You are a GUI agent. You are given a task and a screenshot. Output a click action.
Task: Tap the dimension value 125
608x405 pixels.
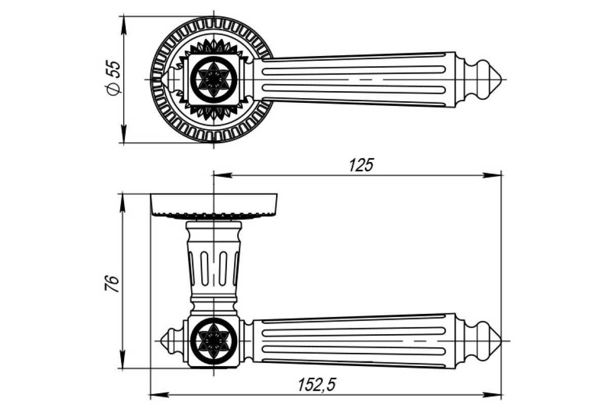point(361,165)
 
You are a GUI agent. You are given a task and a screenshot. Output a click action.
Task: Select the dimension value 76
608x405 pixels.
point(112,283)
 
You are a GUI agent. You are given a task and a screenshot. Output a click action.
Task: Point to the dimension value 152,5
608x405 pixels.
point(317,385)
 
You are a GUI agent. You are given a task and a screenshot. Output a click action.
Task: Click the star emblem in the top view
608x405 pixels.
point(214,80)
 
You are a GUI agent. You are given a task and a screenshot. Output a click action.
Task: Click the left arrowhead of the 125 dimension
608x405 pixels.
point(223,175)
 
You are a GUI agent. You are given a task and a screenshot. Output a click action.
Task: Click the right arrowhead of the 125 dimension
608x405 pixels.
point(492,175)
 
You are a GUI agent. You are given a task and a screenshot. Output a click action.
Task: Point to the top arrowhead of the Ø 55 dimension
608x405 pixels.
point(124,25)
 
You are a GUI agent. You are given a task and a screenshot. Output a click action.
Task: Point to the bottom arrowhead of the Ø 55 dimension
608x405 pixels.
point(124,134)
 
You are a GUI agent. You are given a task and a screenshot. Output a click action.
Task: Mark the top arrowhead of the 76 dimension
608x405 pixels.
point(123,202)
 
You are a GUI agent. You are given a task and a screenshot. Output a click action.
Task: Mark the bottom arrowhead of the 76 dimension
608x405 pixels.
point(123,360)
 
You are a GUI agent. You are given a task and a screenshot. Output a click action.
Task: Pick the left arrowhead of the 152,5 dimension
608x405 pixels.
point(160,394)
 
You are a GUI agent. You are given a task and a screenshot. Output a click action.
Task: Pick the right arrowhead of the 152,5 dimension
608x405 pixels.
point(492,394)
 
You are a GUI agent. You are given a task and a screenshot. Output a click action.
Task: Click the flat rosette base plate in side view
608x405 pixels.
point(214,206)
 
